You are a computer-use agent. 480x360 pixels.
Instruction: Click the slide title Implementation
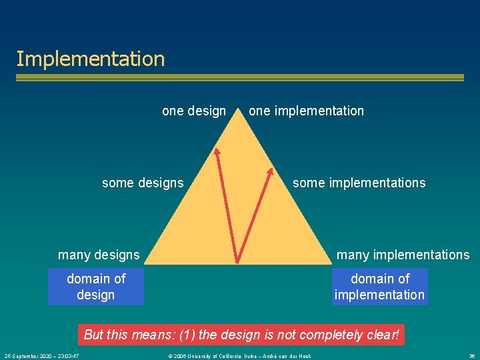click(90, 59)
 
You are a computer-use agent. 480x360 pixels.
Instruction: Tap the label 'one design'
click(194, 111)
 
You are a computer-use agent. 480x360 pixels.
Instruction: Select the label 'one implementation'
click(306, 111)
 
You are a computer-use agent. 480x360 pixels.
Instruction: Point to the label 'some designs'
click(143, 183)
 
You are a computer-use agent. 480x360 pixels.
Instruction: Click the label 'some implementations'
click(359, 183)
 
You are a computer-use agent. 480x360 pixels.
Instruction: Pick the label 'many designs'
click(99, 255)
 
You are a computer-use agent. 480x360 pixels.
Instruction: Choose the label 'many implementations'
click(403, 255)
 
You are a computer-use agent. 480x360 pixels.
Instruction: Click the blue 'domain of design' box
click(96, 287)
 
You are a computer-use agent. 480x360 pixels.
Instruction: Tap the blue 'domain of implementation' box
click(379, 287)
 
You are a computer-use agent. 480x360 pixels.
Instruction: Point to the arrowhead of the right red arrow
click(270, 171)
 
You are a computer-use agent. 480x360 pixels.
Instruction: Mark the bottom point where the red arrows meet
click(238, 260)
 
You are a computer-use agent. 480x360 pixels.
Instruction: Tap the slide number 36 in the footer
click(472, 356)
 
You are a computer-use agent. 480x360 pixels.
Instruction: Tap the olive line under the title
click(240, 78)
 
